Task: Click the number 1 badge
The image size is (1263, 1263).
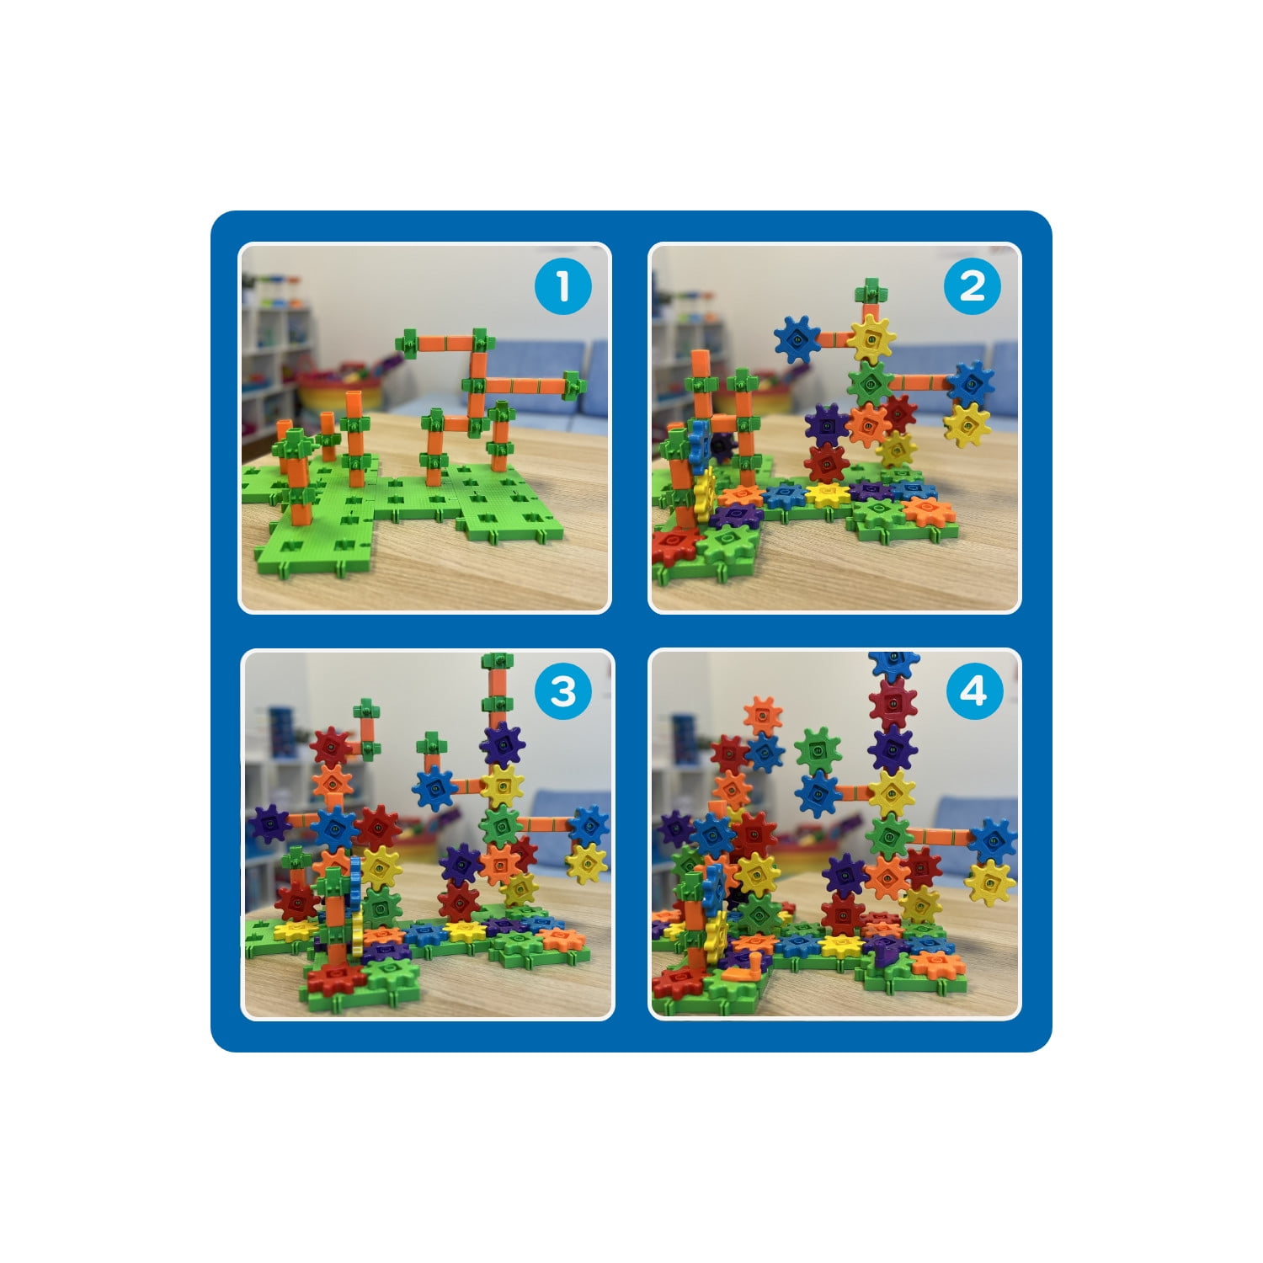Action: click(x=563, y=286)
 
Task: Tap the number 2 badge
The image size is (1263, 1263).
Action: click(x=973, y=286)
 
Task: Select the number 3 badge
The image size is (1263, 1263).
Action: click(x=563, y=692)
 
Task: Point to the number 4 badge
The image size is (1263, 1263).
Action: click(x=973, y=692)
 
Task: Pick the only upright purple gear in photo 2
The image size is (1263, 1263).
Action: click(x=827, y=425)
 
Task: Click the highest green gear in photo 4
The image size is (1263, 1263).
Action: click(x=818, y=748)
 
